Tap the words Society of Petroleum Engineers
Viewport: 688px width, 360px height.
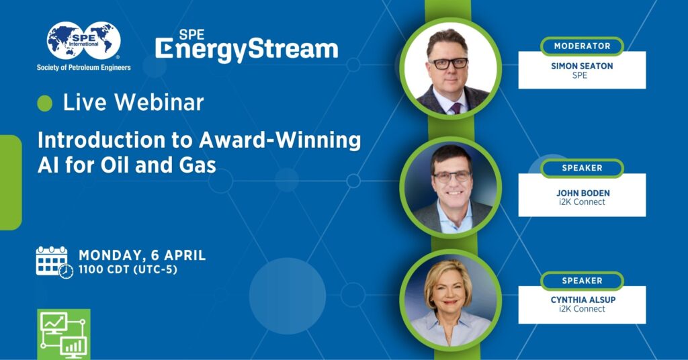(x=84, y=67)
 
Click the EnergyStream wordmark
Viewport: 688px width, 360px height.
(x=247, y=50)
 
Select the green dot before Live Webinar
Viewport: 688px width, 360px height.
(x=45, y=103)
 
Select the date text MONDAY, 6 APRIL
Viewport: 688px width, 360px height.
(x=142, y=256)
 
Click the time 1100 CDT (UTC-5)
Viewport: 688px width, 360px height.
(x=128, y=270)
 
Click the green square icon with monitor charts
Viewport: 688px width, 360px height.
(x=64, y=334)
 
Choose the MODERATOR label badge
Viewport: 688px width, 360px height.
(x=582, y=46)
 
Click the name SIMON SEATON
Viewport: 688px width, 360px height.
(x=582, y=66)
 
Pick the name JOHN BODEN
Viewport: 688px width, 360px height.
(x=583, y=193)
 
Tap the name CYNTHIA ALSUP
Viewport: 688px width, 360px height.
(x=582, y=300)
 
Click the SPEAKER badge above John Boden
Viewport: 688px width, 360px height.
(x=582, y=168)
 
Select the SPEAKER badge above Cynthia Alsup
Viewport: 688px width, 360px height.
(x=582, y=281)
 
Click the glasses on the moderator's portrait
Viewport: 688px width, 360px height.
(x=448, y=64)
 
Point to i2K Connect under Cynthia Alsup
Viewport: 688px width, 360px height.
(x=582, y=309)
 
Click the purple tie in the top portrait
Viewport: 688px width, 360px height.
(x=456, y=106)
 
